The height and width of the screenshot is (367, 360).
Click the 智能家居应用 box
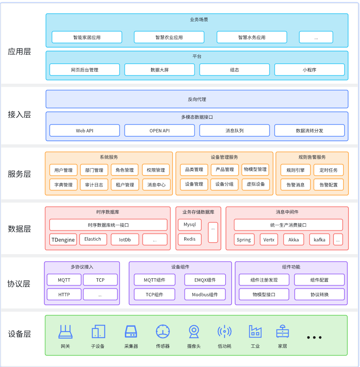click(x=87, y=37)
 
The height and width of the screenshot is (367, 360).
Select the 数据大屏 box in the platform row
click(x=159, y=70)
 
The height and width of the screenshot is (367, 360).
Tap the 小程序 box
click(x=309, y=70)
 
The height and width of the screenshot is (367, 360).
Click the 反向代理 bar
click(x=197, y=99)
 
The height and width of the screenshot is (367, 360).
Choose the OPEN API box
click(x=159, y=131)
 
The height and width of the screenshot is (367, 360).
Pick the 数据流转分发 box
click(x=309, y=131)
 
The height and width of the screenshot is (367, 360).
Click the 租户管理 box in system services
click(x=125, y=185)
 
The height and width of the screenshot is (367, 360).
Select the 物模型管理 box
click(x=255, y=170)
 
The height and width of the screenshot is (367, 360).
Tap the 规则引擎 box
click(x=295, y=170)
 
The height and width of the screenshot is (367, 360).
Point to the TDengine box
click(x=63, y=240)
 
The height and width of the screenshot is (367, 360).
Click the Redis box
click(x=190, y=239)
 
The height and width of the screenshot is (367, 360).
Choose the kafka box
click(x=319, y=240)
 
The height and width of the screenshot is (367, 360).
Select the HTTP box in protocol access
click(x=64, y=294)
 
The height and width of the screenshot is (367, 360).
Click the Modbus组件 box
click(x=205, y=294)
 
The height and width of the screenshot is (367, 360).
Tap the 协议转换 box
click(x=319, y=294)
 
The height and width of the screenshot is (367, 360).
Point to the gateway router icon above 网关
click(x=65, y=331)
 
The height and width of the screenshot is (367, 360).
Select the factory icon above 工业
click(x=255, y=331)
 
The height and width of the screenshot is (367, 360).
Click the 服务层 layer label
click(x=19, y=174)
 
